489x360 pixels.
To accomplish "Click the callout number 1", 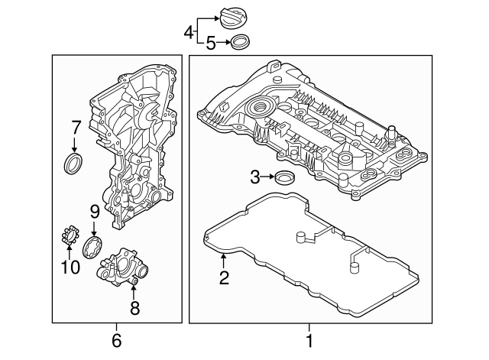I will click(x=309, y=339).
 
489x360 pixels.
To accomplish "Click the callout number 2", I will click(x=224, y=278).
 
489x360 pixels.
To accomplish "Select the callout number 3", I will click(x=255, y=178).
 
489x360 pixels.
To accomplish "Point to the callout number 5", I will click(x=211, y=44).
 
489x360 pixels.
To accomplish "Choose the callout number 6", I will click(x=117, y=339).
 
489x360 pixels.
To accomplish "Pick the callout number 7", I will click(x=75, y=127).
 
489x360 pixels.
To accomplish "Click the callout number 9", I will click(x=94, y=211).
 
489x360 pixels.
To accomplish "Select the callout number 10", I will click(x=70, y=268).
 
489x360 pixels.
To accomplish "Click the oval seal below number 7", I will click(x=74, y=164).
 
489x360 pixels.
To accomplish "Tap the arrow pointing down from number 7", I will click(x=75, y=145).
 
